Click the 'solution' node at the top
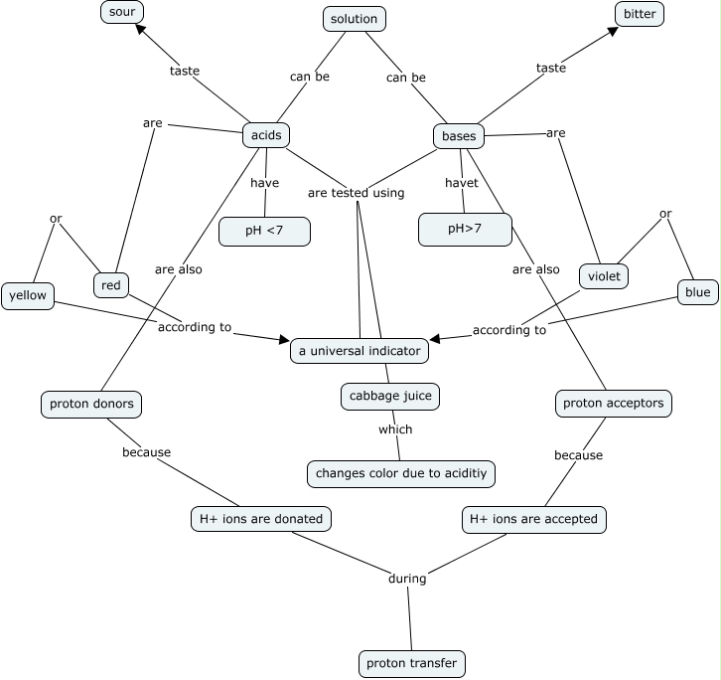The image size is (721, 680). pos(354,19)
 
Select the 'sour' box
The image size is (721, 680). pos(122,12)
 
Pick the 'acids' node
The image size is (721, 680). pos(266,135)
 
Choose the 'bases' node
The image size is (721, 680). pos(458,136)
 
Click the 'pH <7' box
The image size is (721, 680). pos(264,231)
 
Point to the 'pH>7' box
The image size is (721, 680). pos(465,230)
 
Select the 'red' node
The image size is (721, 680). pos(111,285)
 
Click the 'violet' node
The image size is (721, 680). pos(604,275)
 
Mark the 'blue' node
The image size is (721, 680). pos(697,292)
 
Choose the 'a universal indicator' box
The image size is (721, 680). pos(360,350)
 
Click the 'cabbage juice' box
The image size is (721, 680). pos(389,396)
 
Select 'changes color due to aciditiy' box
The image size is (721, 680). pos(401,473)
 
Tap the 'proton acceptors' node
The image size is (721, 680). pos(613,404)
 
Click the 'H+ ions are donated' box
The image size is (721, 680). pos(261,519)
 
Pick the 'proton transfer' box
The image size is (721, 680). pos(411,663)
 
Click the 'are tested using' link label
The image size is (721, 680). pos(356,193)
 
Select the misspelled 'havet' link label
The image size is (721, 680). pos(462,183)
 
